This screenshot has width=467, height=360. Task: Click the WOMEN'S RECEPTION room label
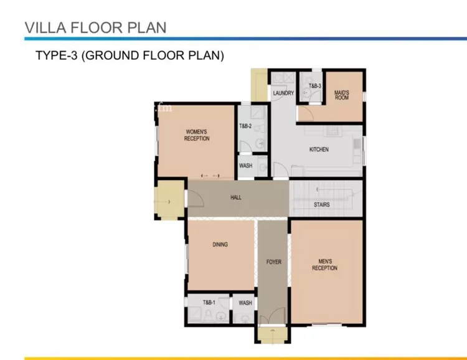pos(197,135)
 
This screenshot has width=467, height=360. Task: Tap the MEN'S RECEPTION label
pos(324,265)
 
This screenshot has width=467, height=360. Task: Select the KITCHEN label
pos(319,149)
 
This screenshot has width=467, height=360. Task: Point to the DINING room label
pos(220,244)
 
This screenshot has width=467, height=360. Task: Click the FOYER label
pos(274,262)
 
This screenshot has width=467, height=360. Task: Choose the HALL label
pos(236,197)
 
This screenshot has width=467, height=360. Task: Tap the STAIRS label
pos(322,205)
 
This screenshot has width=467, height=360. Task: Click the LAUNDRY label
pos(283,93)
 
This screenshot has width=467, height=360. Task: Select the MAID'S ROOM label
pos(342,95)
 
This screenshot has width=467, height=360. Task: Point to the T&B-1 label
pos(209,302)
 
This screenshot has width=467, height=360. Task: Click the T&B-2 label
pos(245,126)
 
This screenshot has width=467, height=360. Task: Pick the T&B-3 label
pos(315,86)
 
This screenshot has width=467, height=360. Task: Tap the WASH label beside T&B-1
pos(245,303)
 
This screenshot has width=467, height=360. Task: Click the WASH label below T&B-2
pos(245,166)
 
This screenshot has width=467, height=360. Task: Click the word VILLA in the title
pos(45,27)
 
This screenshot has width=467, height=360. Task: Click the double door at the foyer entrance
pos(273,316)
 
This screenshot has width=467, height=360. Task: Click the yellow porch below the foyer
pos(273,334)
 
